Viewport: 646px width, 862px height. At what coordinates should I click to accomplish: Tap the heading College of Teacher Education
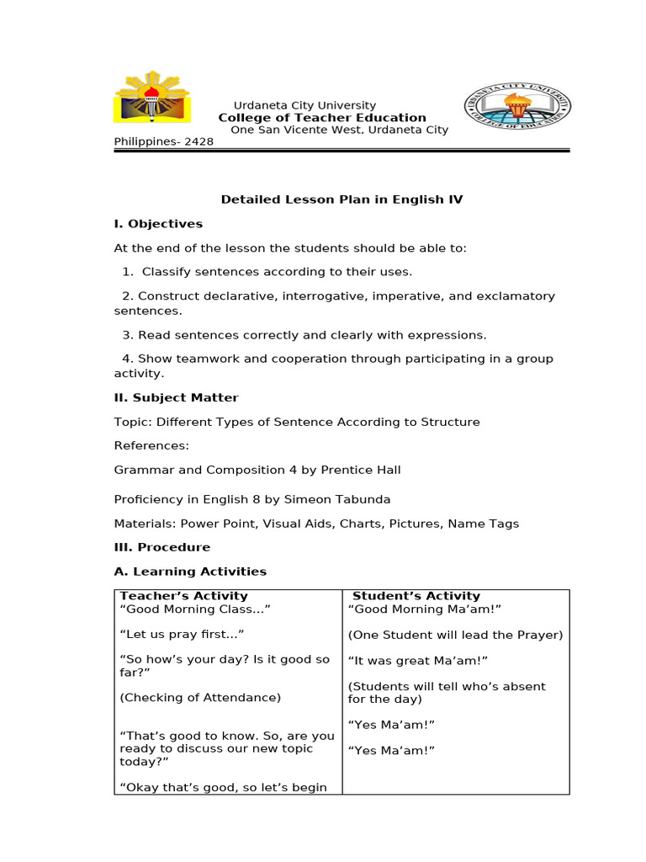click(322, 118)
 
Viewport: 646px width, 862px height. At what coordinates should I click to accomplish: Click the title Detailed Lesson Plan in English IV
click(342, 200)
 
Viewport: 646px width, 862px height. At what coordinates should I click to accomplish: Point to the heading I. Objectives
click(158, 224)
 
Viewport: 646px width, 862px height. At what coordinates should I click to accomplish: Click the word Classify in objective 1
click(168, 272)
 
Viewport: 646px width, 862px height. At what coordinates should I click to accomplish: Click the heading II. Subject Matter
click(176, 397)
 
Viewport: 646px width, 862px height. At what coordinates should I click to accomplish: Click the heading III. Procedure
click(162, 547)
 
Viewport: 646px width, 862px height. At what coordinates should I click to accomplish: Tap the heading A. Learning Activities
click(190, 572)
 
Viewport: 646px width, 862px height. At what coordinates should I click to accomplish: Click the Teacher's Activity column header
click(184, 596)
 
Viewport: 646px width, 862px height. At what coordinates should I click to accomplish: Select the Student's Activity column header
click(416, 596)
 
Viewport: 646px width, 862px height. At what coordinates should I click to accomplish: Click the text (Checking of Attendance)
click(200, 697)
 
